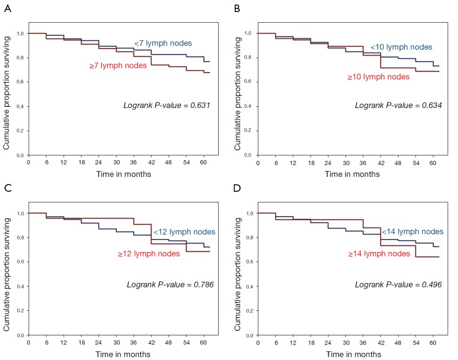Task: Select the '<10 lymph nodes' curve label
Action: [x=401, y=47]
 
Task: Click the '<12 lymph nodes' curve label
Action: [x=182, y=232]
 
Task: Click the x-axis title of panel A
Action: [x=122, y=174]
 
